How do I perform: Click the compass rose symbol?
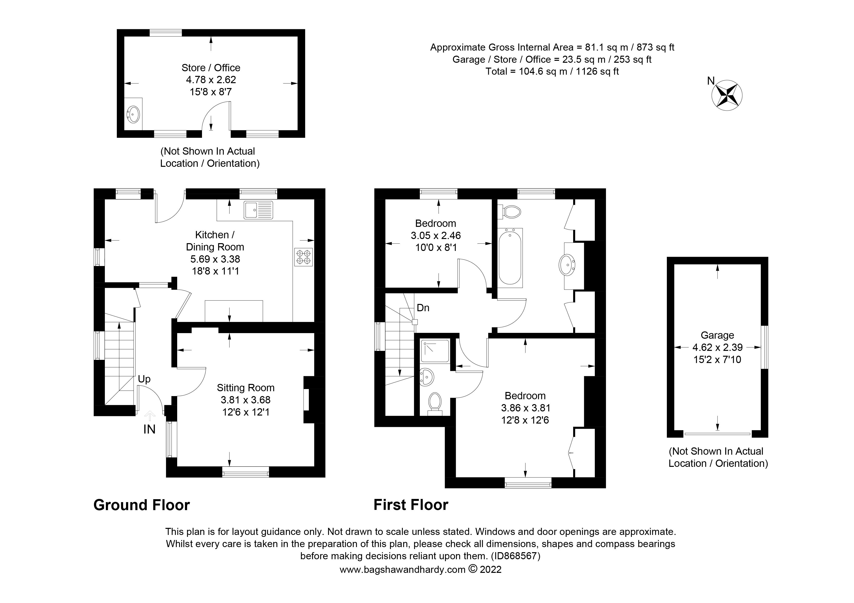pos(726,96)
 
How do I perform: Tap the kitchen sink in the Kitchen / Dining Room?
pos(258,210)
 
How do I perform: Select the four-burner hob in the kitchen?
pos(303,257)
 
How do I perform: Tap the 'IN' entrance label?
pos(149,429)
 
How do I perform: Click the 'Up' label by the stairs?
pos(144,379)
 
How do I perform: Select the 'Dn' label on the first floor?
pos(423,308)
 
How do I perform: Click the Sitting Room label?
pos(246,388)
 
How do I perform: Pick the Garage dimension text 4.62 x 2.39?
pos(717,347)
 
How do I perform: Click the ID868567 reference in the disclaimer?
pos(515,556)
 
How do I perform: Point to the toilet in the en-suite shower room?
pos(434,403)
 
